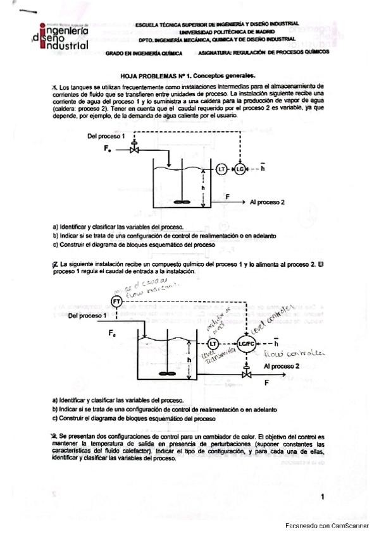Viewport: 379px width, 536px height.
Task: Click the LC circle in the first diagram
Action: tap(240, 169)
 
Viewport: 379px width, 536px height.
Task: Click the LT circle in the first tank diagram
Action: tap(221, 169)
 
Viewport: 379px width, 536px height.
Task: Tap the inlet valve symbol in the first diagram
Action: tap(134, 149)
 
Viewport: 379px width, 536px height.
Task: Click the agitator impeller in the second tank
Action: tap(167, 372)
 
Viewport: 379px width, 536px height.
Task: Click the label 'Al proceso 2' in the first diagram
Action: tap(267, 202)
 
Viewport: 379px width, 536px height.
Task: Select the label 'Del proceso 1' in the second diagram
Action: tap(87, 315)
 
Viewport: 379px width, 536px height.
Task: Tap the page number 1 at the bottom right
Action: tap(323, 497)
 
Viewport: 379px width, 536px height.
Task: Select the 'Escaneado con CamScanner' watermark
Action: tap(326, 526)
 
